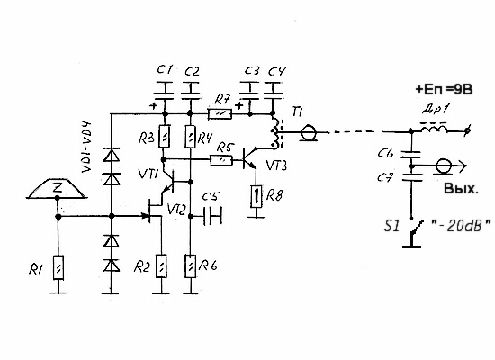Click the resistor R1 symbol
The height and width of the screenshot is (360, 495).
coord(58,267)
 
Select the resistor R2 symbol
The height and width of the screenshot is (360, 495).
coord(161,265)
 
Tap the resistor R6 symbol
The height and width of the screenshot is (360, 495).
coord(191,265)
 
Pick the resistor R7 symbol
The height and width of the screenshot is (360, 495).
coord(220,114)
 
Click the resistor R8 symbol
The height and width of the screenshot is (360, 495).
coord(256,196)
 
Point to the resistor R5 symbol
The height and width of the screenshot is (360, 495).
coord(221,161)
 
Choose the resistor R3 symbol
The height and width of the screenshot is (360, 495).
coord(164,137)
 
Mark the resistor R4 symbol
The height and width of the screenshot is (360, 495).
coord(190,137)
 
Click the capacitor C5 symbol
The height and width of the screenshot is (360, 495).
coord(212,216)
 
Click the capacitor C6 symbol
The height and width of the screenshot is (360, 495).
coord(411,155)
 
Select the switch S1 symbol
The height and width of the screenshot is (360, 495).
coord(411,233)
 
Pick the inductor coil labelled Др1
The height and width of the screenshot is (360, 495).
coord(434,127)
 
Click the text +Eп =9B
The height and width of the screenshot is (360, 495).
coord(444,89)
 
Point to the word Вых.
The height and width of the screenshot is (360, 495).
coord(461,189)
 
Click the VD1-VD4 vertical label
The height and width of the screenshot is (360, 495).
coord(86,148)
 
